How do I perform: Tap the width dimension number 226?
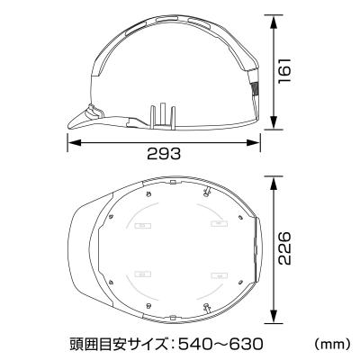[x=286, y=245]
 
